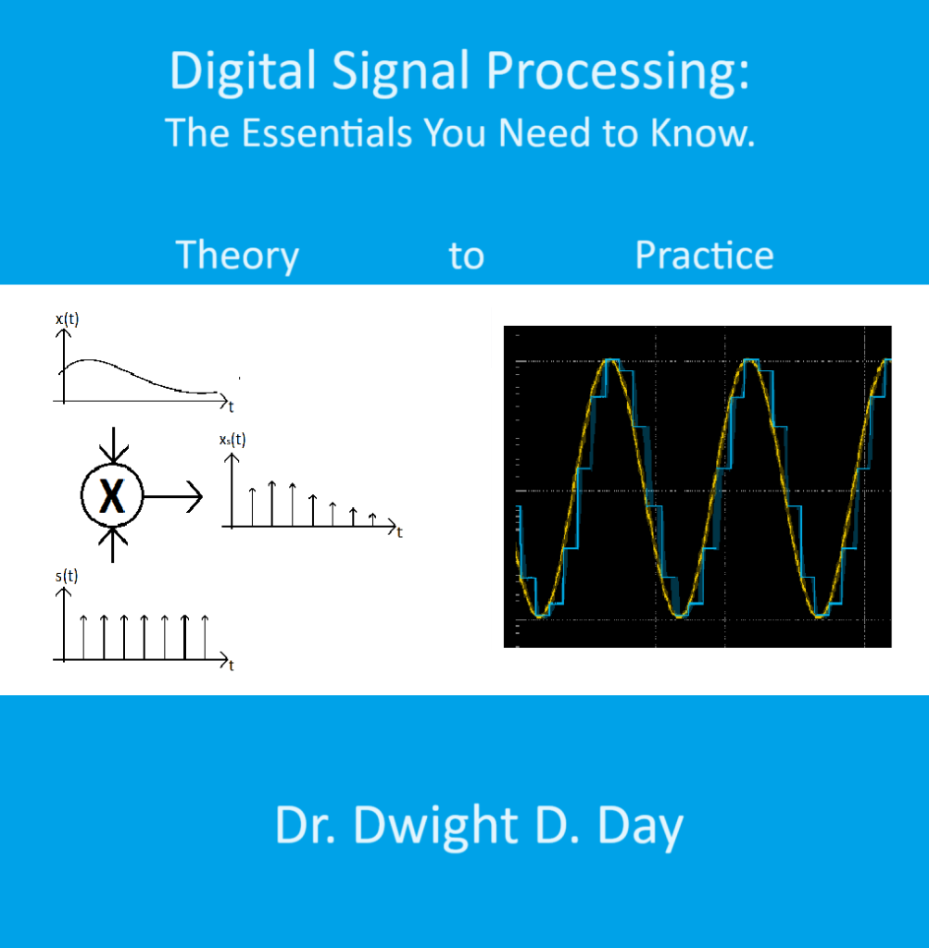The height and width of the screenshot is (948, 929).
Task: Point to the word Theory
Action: click(x=237, y=256)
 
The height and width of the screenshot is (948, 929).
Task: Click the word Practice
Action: click(x=704, y=256)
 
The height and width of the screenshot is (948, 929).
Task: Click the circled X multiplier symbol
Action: click(x=112, y=498)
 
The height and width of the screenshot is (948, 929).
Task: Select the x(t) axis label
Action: click(x=68, y=319)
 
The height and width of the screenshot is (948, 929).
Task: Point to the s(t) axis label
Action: click(x=67, y=576)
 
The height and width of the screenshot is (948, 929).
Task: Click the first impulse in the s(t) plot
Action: click(x=83, y=637)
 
